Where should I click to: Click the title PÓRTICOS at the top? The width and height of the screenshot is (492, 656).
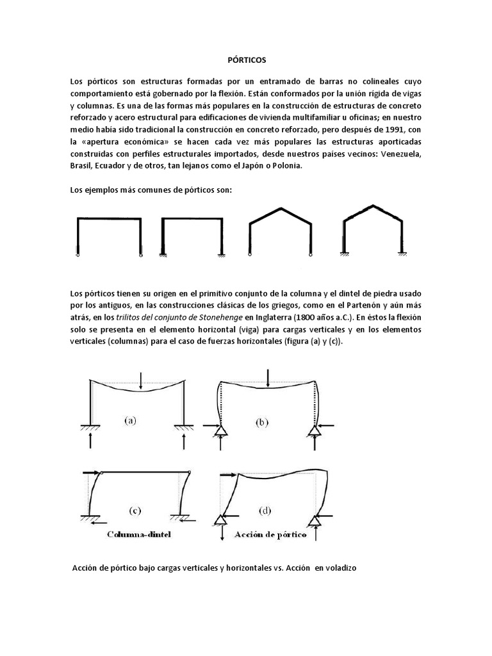click(x=247, y=60)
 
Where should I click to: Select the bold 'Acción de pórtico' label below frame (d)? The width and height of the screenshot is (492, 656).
click(x=271, y=534)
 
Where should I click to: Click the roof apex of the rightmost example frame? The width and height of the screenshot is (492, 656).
click(x=365, y=206)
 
